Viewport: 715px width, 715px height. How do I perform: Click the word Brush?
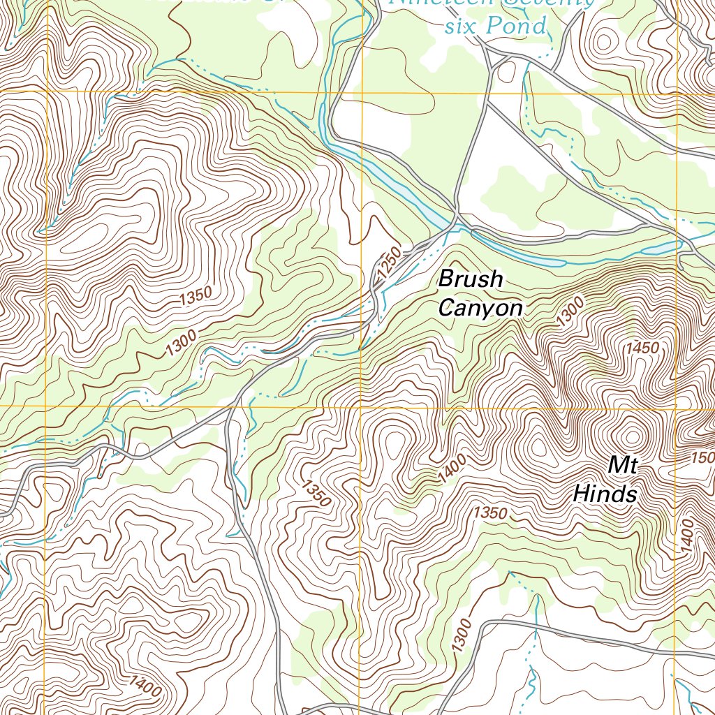click(x=470, y=280)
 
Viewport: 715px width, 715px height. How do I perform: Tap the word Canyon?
click(x=480, y=308)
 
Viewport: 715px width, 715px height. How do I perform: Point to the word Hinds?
click(x=605, y=494)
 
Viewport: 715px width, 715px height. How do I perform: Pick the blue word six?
click(x=462, y=27)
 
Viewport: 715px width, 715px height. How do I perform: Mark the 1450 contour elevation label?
click(x=642, y=347)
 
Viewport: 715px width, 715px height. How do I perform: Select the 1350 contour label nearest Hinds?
click(x=489, y=513)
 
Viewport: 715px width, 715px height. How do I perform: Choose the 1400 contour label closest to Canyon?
click(x=452, y=467)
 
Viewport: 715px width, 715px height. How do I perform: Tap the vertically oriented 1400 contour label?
click(x=687, y=538)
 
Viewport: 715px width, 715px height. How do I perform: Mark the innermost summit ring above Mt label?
click(x=633, y=436)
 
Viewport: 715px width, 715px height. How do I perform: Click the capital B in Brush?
click(x=445, y=280)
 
